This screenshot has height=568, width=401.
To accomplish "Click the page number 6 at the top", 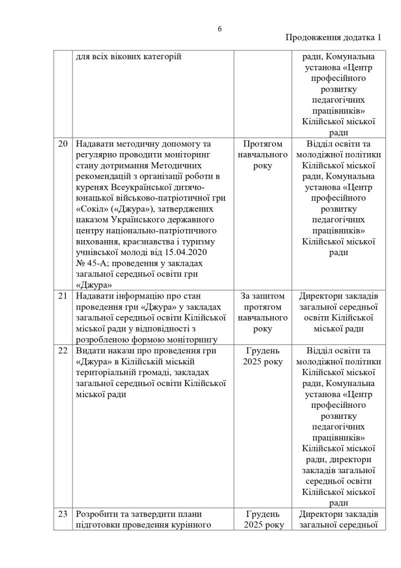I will coord(219,29).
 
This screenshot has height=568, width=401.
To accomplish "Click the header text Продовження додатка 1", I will coord(333,38).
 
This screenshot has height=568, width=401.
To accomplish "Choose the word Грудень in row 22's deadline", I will coord(263,351).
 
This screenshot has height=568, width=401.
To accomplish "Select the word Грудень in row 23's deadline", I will coord(263,514).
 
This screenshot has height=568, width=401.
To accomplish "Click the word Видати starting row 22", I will coord(90,351).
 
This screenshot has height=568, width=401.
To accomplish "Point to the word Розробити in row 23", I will coord(96,514).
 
